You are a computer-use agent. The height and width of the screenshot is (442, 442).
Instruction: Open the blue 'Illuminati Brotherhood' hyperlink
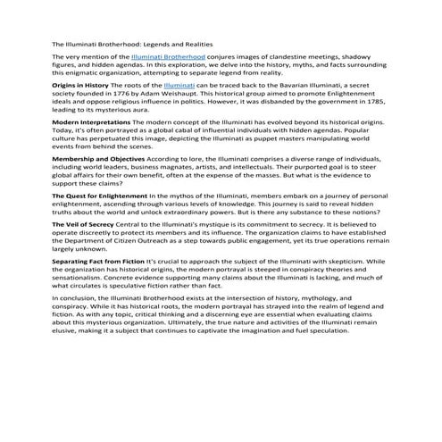168,56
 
